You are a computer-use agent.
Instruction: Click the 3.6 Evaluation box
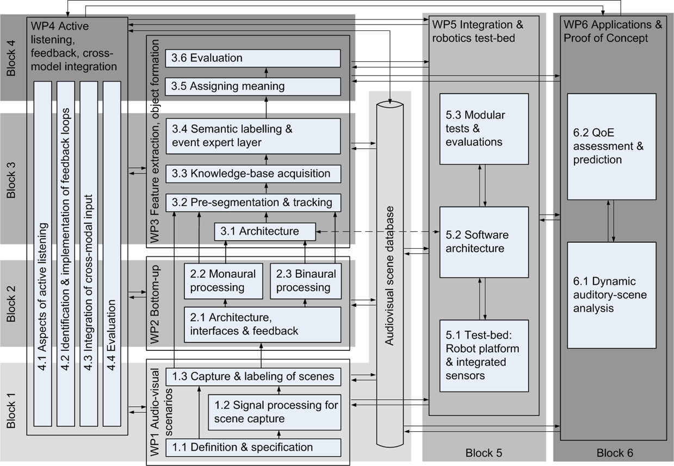click(x=253, y=58)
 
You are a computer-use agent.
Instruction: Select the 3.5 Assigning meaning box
click(x=253, y=86)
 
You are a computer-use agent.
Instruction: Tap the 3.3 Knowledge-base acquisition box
click(x=253, y=174)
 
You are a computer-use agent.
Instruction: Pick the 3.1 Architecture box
click(x=265, y=231)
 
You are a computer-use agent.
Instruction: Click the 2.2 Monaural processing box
click(x=223, y=281)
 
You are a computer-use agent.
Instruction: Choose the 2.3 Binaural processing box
click(x=305, y=281)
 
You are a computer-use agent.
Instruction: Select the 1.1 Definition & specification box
click(x=253, y=448)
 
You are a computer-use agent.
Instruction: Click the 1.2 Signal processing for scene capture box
click(x=274, y=412)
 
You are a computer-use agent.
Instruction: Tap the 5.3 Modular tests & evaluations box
click(x=484, y=129)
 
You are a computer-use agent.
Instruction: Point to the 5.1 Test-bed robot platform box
click(x=484, y=356)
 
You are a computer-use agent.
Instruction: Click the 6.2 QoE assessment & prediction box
click(x=611, y=147)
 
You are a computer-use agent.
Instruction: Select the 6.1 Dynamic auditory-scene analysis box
click(x=611, y=295)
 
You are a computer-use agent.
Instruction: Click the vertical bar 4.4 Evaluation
click(x=112, y=254)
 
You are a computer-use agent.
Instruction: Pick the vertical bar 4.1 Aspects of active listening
click(x=42, y=254)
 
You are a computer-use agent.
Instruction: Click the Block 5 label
click(x=484, y=453)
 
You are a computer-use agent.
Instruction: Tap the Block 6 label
click(x=615, y=453)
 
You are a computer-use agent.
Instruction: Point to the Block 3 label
click(x=11, y=180)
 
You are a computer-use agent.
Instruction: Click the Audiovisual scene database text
click(x=389, y=275)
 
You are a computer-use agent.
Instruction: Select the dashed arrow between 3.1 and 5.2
click(x=378, y=232)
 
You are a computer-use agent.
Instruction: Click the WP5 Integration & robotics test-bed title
click(x=478, y=32)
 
